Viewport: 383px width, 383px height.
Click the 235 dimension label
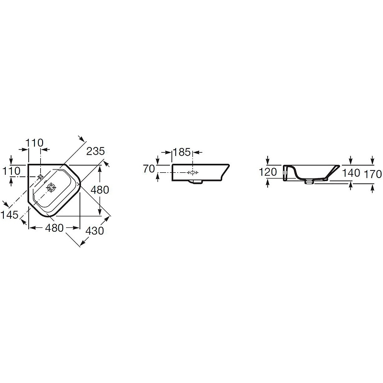96,151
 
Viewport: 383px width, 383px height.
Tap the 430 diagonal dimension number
95,231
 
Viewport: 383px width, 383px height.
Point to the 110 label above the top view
34,142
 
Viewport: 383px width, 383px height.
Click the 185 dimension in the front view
182,153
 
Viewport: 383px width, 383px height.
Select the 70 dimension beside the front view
149,168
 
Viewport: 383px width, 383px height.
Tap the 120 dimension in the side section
268,172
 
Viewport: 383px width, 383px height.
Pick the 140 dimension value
351,173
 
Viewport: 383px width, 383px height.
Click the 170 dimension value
372,173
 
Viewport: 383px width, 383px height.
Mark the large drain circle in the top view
50,188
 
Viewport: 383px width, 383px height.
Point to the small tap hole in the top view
40,177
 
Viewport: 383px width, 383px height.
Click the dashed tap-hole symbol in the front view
192,172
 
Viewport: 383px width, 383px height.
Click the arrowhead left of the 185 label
169,153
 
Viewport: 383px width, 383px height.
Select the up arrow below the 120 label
268,182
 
